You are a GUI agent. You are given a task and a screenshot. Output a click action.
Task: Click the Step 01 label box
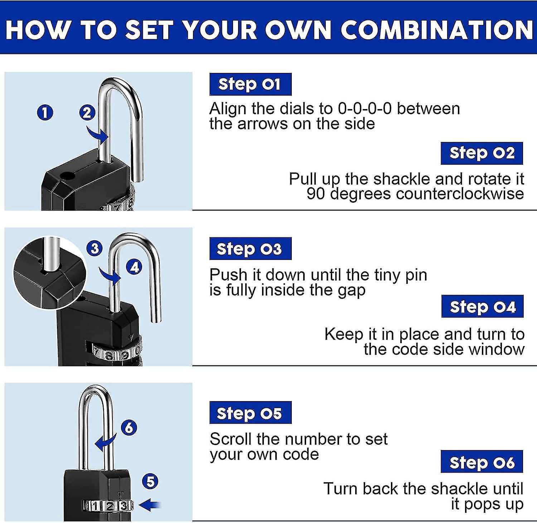pos(250,84)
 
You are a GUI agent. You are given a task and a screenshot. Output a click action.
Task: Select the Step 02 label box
pos(482,153)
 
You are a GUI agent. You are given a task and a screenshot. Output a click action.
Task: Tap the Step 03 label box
pos(250,249)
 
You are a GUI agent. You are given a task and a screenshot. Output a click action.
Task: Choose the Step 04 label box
pos(482,307)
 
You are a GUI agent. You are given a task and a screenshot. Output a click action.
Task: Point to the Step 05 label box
pos(250,413)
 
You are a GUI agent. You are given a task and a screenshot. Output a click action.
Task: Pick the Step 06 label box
pos(482,462)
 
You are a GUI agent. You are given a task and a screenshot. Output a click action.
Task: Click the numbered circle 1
pos(45,113)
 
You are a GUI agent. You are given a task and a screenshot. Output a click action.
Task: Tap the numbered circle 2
pos(87,113)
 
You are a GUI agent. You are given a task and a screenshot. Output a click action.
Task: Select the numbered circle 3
pos(95,248)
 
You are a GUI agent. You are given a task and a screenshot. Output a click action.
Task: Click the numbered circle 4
pos(134,267)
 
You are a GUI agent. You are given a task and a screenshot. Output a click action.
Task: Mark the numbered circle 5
pos(150,481)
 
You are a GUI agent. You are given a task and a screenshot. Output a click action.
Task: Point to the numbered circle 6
pos(129,427)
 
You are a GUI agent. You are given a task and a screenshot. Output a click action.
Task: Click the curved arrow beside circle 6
pos(105,443)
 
